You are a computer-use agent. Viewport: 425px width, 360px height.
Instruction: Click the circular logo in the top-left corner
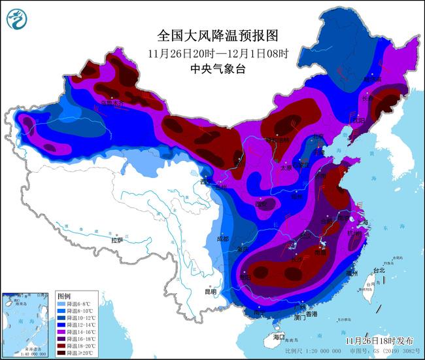[x=18, y=18]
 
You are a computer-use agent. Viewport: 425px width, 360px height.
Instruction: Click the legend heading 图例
[x=63, y=296]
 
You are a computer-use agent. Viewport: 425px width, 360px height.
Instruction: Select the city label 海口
[x=279, y=337]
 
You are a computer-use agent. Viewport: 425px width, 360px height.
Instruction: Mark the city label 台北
[x=379, y=270]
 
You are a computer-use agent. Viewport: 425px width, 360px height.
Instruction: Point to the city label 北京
[x=318, y=136]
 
